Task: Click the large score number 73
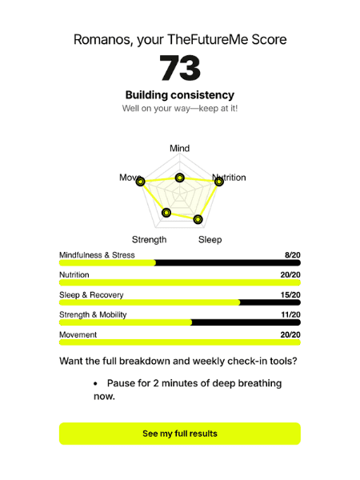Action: (x=180, y=69)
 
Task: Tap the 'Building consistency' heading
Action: (x=180, y=95)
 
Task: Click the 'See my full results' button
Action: (x=180, y=434)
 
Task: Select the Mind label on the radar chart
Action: (x=180, y=149)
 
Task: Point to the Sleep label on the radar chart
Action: (x=210, y=239)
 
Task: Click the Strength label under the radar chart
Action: (x=150, y=239)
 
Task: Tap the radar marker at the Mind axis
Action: (x=180, y=178)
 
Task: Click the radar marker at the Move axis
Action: (x=142, y=182)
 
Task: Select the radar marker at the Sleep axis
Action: (x=198, y=219)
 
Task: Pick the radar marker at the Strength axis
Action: (x=166, y=212)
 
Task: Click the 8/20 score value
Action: (x=292, y=255)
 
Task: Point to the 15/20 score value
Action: (x=290, y=295)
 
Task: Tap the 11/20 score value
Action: (x=290, y=315)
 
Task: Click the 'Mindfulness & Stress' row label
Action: (x=97, y=255)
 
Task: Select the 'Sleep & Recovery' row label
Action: (x=91, y=295)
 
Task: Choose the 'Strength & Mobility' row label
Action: (x=93, y=315)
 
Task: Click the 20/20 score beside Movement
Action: (x=290, y=335)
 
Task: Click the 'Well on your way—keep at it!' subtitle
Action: (x=180, y=109)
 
